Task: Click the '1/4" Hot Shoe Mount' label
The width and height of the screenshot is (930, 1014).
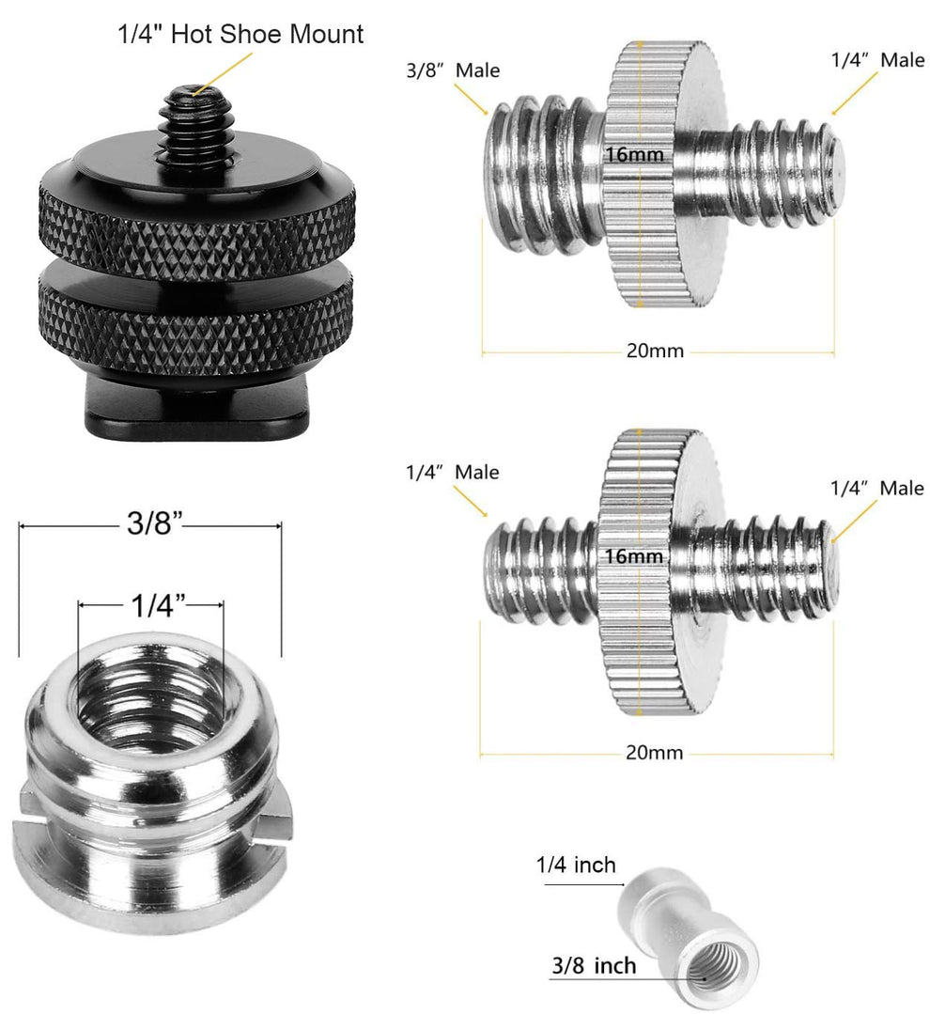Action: coord(240,36)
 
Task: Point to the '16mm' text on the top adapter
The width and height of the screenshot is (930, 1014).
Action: coord(635,154)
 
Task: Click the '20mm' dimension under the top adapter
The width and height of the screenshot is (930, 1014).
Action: coord(656,351)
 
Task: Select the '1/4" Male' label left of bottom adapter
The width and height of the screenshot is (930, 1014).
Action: coord(452,472)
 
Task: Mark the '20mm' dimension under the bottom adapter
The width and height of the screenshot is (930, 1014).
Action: coord(655,754)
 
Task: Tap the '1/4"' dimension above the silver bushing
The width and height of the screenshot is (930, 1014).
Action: coord(151,607)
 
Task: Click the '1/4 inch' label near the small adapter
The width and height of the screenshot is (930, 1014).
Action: coord(576,864)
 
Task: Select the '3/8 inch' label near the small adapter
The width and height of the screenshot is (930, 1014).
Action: coord(593,965)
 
